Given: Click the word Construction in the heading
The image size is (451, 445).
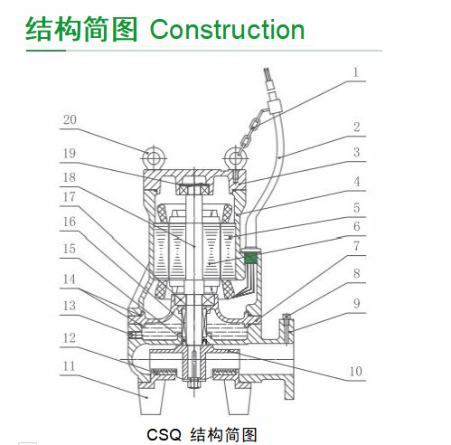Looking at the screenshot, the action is tap(227, 29).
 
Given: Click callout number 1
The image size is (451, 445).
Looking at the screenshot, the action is tap(356, 72).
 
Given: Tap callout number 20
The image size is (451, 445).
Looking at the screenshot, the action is tap(70, 119).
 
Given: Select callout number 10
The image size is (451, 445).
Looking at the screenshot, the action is tap(355, 371).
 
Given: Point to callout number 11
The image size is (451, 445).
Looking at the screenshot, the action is tap(69, 366).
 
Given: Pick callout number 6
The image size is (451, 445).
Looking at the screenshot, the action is tap(356, 226).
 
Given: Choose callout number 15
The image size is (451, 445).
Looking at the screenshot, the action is tap(69, 249).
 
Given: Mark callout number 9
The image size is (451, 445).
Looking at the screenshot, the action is tap(356, 303).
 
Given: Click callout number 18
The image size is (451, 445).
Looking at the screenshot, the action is tap(69, 177).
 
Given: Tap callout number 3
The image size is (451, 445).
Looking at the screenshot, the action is tap(356, 152).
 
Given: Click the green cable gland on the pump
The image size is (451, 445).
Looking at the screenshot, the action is tap(250, 259).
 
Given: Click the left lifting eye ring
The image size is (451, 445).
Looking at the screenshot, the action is tap(154, 157).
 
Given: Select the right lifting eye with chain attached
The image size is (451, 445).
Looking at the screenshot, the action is tap(236, 157).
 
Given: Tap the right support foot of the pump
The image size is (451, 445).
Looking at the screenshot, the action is tap(238, 397).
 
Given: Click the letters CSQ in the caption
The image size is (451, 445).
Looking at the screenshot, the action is tap(164, 434).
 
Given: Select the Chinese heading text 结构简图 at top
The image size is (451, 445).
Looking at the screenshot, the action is tap(81, 29).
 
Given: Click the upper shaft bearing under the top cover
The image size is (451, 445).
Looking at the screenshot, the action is tap(194, 190).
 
